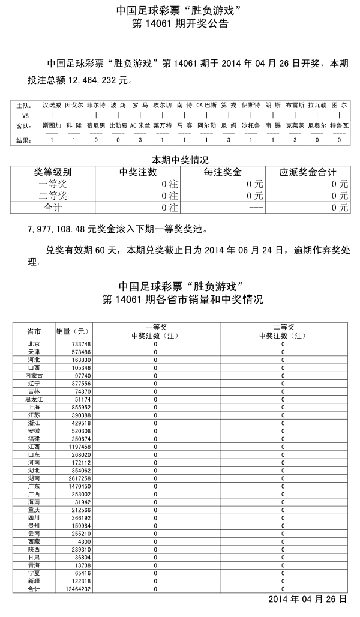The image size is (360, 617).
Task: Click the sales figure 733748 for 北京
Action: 82,343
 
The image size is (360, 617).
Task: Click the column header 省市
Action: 34,331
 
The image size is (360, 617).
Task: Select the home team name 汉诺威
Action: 52,104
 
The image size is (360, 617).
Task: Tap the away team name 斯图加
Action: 52,126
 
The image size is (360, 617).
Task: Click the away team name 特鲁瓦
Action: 339,126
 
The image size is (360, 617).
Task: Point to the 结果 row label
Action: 23,140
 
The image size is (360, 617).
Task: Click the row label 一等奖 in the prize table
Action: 53,184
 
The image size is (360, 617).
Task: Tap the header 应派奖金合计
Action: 307,172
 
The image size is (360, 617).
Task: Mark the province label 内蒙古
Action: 34,375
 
